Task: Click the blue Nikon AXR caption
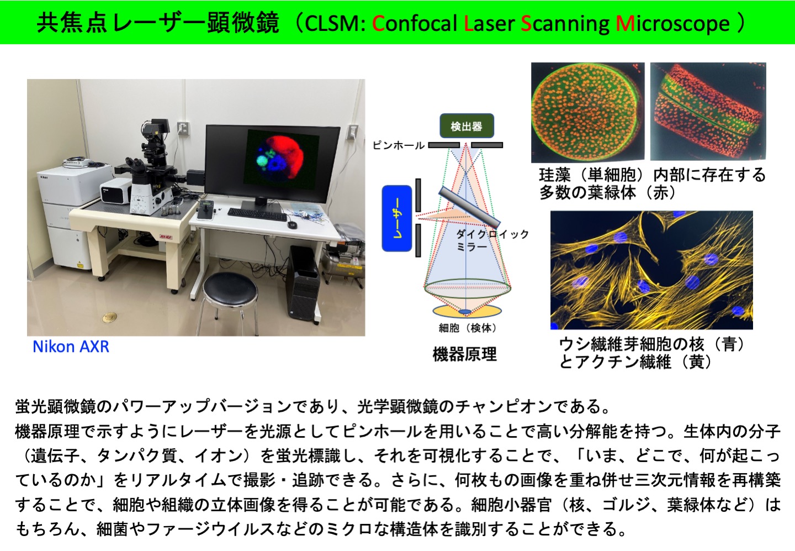(x=71, y=347)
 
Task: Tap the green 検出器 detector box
(x=467, y=126)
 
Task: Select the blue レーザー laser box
(x=397, y=218)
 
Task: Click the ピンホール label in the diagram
(x=398, y=145)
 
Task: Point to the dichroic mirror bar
(x=469, y=207)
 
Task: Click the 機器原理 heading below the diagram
(x=465, y=354)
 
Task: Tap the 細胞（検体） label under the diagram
(x=467, y=328)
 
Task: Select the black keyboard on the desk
(x=257, y=214)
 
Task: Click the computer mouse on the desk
(x=291, y=224)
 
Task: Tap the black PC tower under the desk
(x=305, y=283)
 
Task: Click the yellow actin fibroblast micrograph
(x=651, y=270)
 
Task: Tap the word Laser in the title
(x=489, y=23)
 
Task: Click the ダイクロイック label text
(x=492, y=234)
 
